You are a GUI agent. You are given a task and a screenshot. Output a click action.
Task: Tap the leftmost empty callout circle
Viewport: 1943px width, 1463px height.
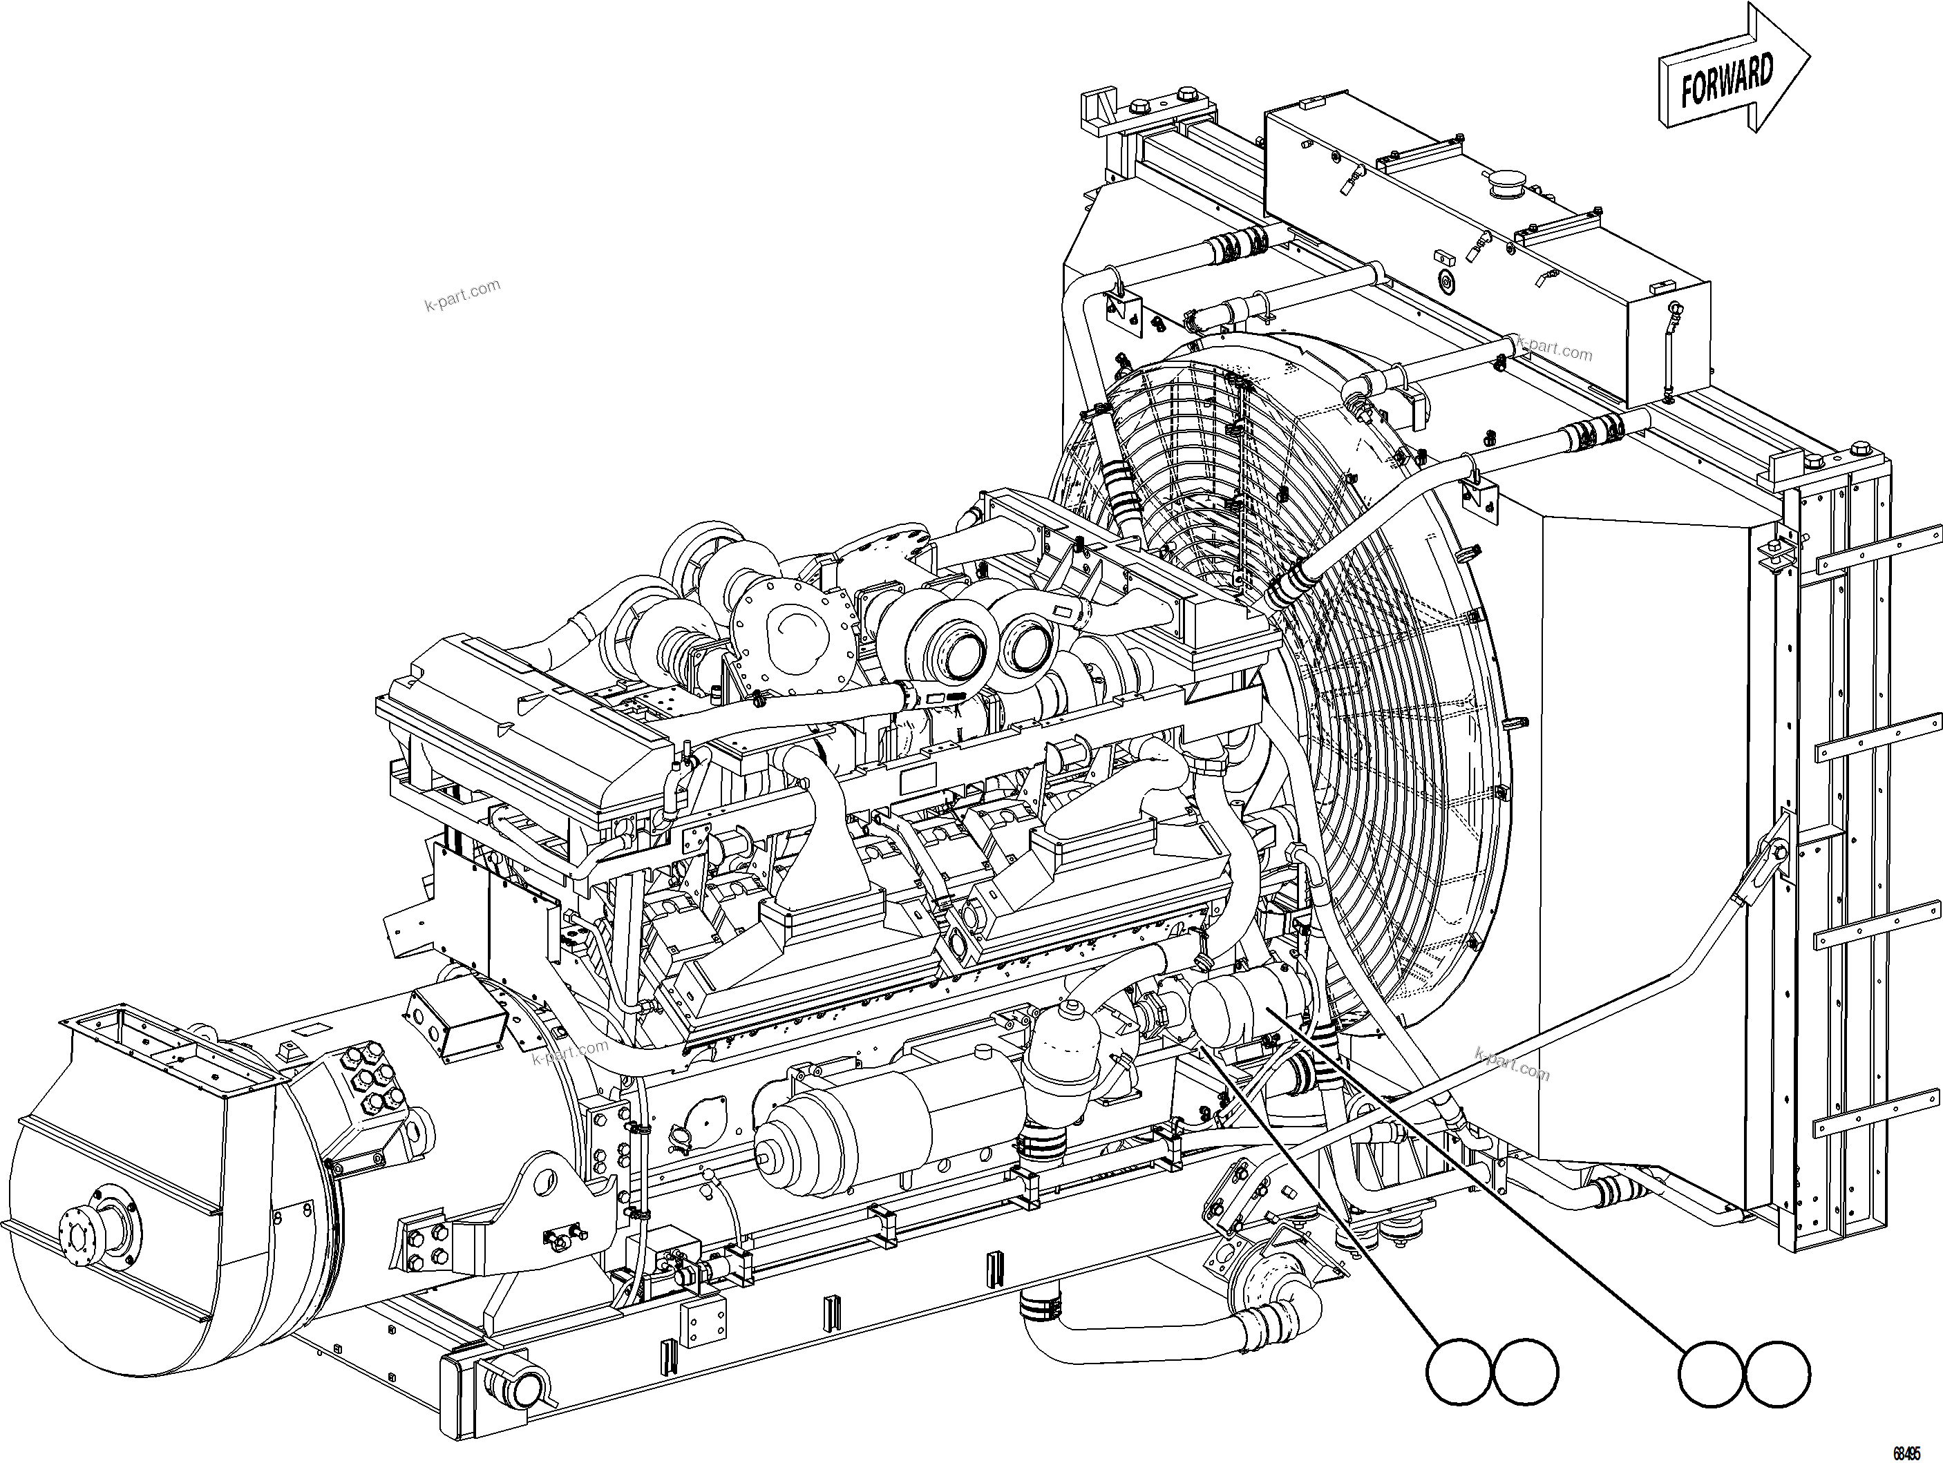(1458, 1372)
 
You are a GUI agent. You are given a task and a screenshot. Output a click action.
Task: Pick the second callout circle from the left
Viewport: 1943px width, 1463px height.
(1525, 1371)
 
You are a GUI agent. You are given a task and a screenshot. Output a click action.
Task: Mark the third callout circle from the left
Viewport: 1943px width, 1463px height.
(1710, 1373)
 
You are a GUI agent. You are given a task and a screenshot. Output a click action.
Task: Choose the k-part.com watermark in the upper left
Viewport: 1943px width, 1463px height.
(462, 295)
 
